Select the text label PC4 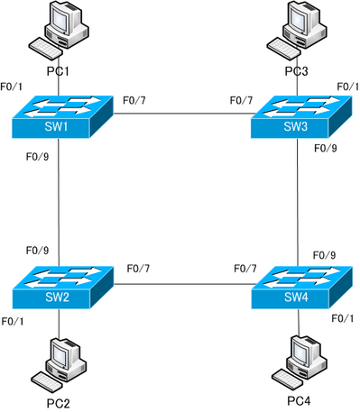300,400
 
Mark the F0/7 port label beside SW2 139,269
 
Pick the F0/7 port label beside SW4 245,269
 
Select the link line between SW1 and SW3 180,114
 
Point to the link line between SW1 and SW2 59,203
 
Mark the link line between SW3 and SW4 299,203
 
